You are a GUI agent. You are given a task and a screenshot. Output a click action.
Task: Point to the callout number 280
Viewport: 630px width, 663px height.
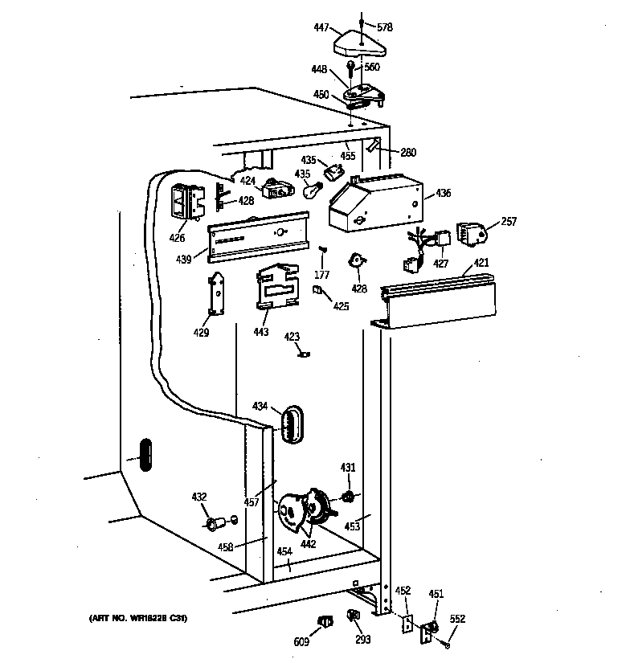pyautogui.click(x=408, y=151)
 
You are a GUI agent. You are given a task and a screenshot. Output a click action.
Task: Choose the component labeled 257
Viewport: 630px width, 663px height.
pyautogui.click(x=472, y=234)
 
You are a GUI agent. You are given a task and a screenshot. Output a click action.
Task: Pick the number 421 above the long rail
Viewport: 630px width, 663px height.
pyautogui.click(x=481, y=263)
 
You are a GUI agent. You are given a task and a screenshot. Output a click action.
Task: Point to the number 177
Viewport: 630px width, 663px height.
pyautogui.click(x=322, y=274)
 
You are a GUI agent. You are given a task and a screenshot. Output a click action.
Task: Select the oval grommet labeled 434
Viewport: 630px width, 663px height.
pyautogui.click(x=292, y=423)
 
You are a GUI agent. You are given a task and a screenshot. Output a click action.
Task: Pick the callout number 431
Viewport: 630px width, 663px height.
pyautogui.click(x=348, y=467)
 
